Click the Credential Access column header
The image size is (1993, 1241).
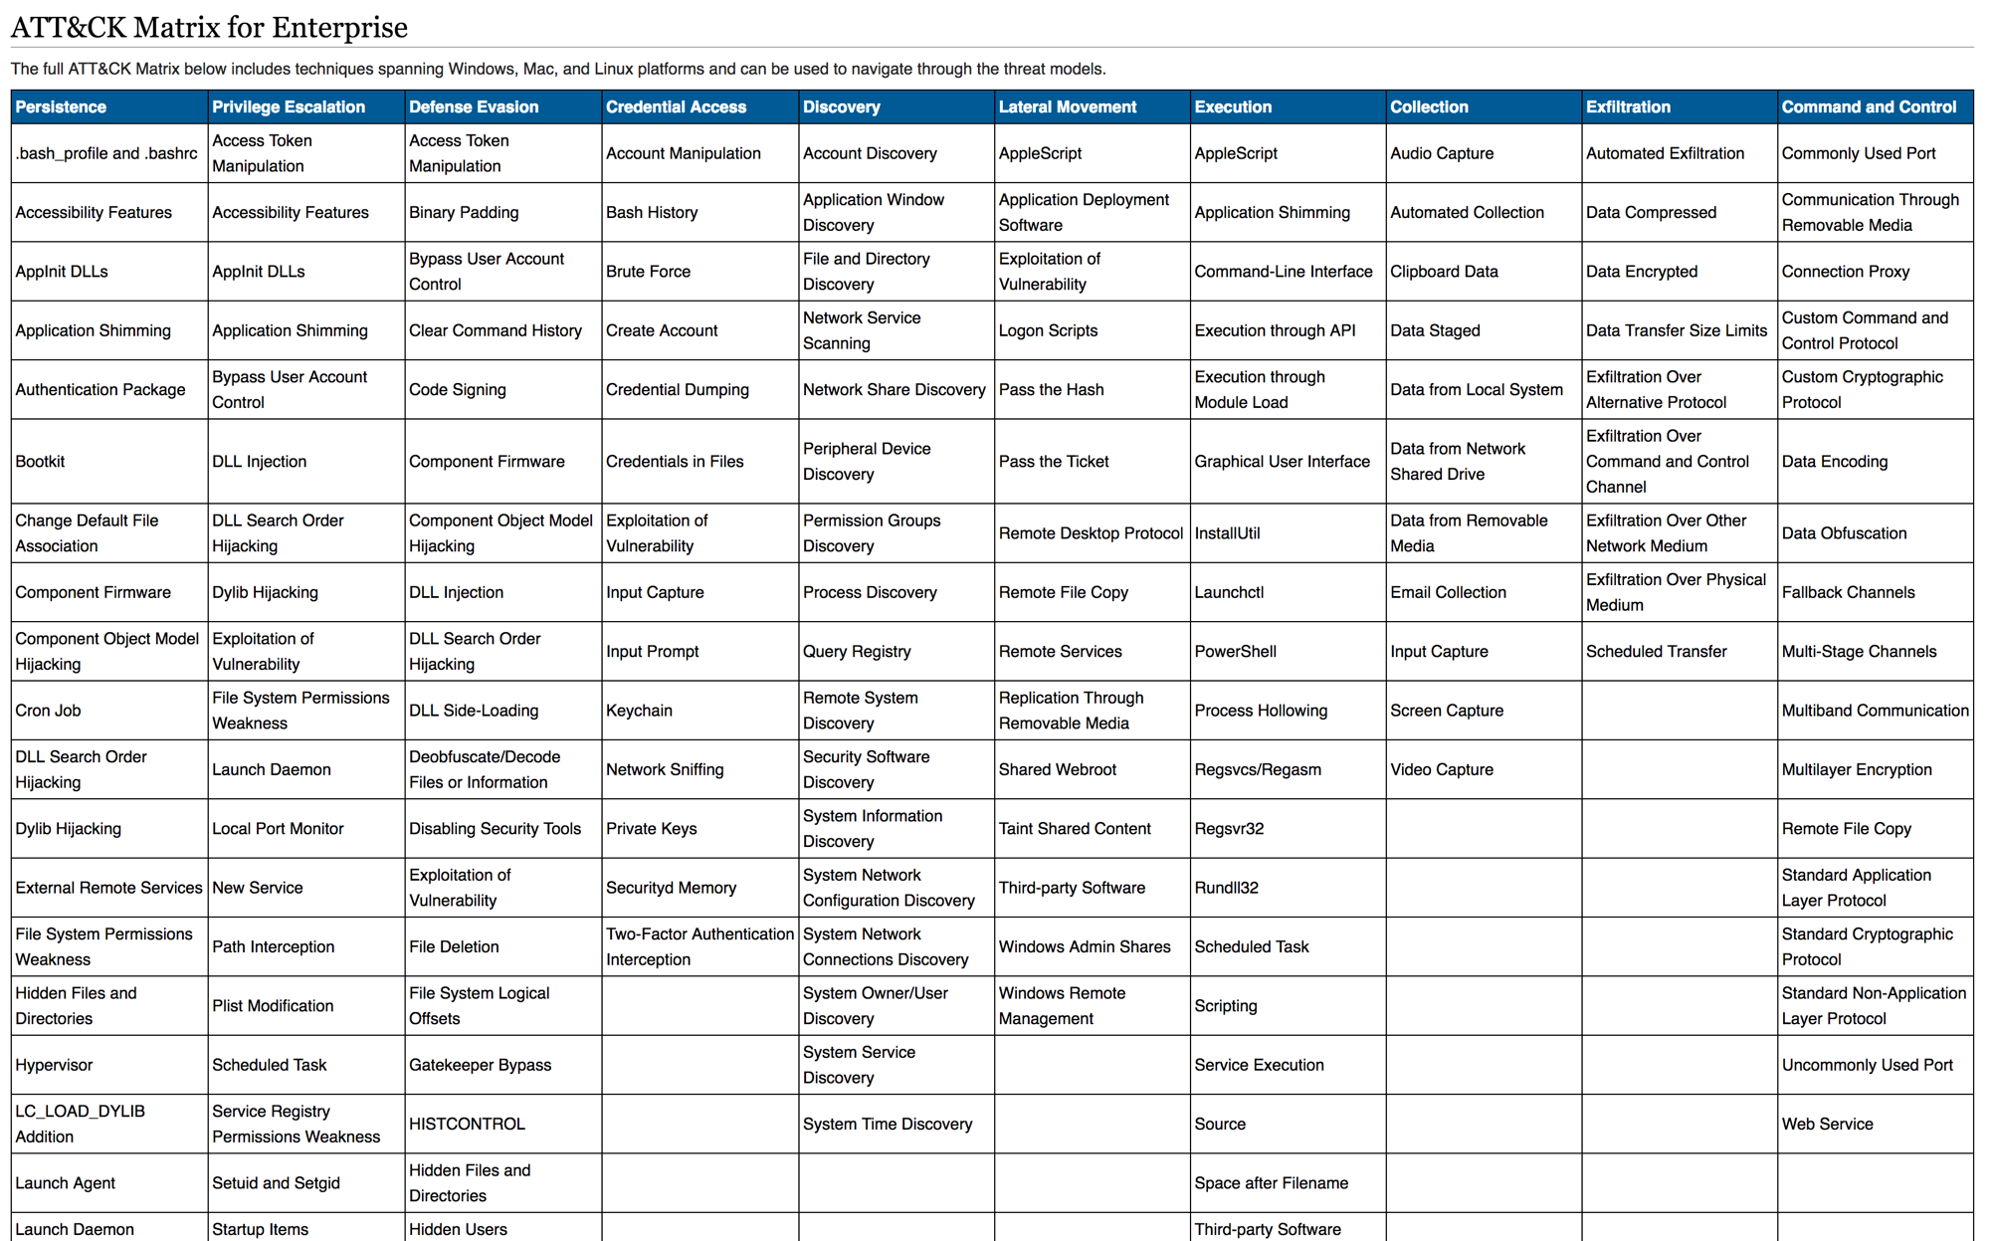click(x=676, y=106)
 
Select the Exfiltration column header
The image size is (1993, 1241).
click(x=1628, y=106)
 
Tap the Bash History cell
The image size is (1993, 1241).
click(x=652, y=212)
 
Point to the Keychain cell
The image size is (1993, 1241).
click(x=639, y=711)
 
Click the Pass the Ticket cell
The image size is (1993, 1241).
click(x=1054, y=462)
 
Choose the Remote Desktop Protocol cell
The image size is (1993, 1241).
click(x=1091, y=533)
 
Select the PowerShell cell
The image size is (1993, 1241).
click(x=1235, y=652)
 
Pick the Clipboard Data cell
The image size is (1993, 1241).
click(x=1444, y=272)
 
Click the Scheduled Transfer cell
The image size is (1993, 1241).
click(x=1656, y=652)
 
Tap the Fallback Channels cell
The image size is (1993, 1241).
click(x=1848, y=592)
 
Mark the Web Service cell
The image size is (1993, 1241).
click(x=1827, y=1124)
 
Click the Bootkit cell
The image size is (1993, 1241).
click(x=41, y=462)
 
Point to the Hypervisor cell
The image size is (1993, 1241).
click(x=54, y=1065)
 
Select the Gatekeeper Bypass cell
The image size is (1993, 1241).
click(x=480, y=1065)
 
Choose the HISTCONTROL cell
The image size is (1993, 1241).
click(x=467, y=1124)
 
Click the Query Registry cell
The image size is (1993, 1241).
click(x=857, y=652)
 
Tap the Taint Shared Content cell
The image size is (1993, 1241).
click(x=1075, y=829)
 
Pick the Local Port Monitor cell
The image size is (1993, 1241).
click(x=278, y=829)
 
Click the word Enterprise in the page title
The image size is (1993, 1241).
click(x=339, y=27)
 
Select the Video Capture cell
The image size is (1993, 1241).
click(x=1442, y=770)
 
